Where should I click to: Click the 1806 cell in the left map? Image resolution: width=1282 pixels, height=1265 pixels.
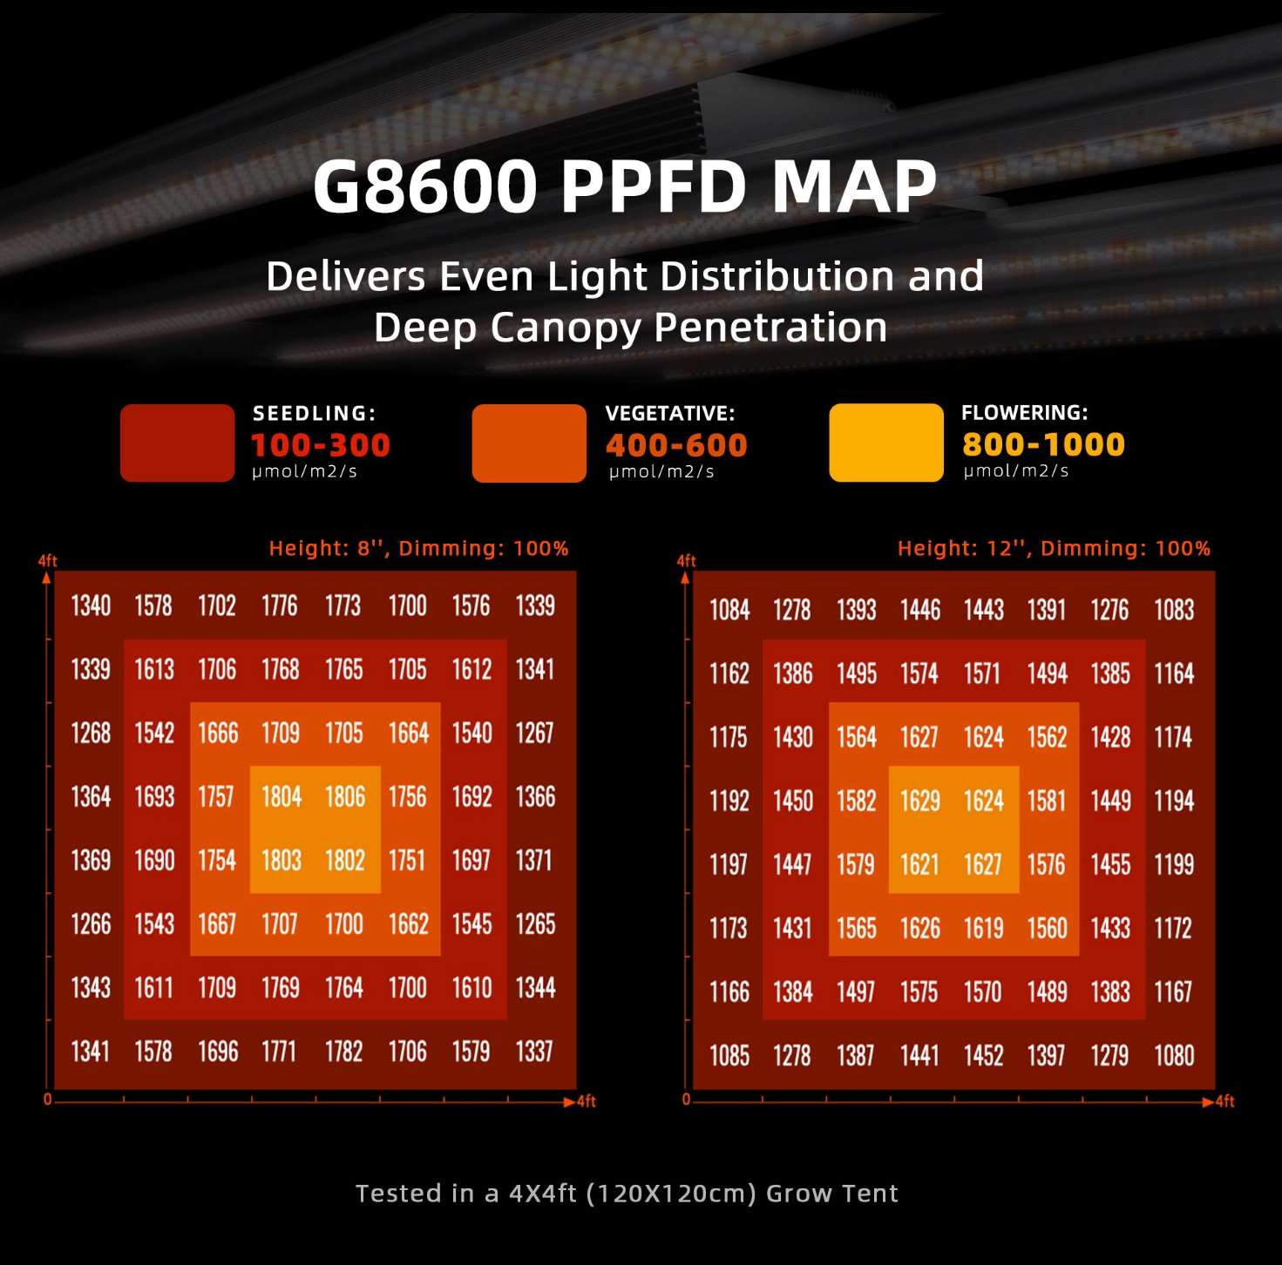(x=345, y=797)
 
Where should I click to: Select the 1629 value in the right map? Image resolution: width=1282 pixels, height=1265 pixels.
(x=919, y=802)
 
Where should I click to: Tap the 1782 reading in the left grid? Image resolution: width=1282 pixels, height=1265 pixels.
(x=343, y=1052)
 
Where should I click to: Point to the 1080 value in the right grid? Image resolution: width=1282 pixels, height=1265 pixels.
(x=1174, y=1057)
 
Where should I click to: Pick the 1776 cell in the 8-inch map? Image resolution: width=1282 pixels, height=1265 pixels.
(x=280, y=606)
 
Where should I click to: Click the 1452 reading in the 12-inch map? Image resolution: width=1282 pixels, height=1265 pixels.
(x=983, y=1057)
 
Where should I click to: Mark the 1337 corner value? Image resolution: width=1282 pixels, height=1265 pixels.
(x=534, y=1052)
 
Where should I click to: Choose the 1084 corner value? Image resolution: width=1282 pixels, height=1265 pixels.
(x=729, y=611)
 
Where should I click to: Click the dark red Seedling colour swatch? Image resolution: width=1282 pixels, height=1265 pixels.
(x=177, y=443)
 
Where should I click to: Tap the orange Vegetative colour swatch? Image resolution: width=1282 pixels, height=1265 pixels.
(x=529, y=443)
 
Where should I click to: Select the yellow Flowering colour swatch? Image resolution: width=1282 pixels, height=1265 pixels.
(x=886, y=443)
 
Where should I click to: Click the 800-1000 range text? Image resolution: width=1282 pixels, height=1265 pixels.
(x=1043, y=445)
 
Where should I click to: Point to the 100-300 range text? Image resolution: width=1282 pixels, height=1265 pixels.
(x=321, y=446)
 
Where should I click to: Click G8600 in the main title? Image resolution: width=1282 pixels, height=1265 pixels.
(x=425, y=186)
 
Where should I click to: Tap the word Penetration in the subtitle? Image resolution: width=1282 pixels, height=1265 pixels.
(x=770, y=328)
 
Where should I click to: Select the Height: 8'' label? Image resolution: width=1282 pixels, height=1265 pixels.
(x=327, y=549)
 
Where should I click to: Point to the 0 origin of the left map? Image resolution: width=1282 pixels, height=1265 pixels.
(x=48, y=1099)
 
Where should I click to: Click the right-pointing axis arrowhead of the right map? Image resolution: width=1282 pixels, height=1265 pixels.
(x=1208, y=1102)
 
